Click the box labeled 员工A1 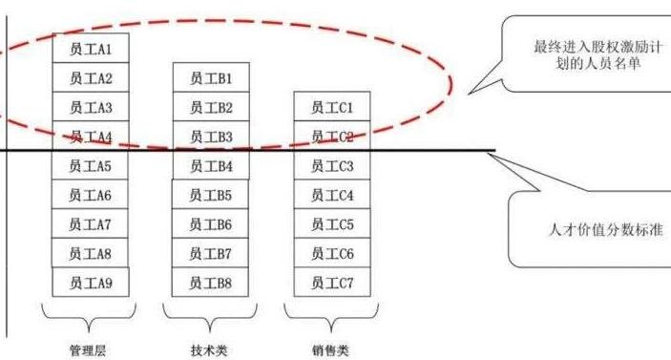91,48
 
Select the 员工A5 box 91,166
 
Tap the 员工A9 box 91,283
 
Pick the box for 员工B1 211,78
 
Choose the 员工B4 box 211,166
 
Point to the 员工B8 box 211,283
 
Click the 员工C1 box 331,107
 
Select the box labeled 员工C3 331,166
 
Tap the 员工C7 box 331,283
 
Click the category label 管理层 88,349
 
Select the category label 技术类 209,349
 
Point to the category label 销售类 330,349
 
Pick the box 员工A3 91,107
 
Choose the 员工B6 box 211,224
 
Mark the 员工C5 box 331,224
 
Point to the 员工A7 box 91,224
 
